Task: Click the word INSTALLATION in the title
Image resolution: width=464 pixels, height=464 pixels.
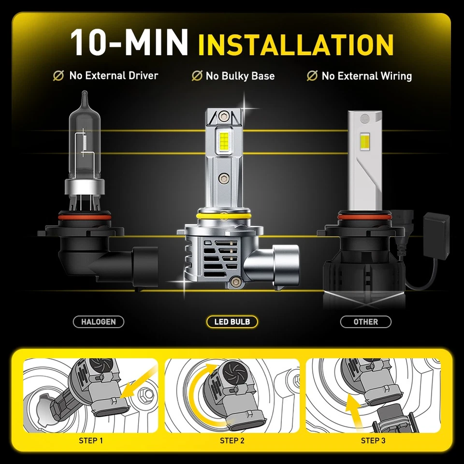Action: [x=296, y=44]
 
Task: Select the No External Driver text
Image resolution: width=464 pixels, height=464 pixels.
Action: [x=113, y=75]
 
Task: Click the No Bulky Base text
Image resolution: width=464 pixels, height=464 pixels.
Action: [x=240, y=76]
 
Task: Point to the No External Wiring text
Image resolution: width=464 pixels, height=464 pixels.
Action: [x=366, y=76]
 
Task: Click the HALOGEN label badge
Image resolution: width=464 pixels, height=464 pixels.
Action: [x=99, y=321]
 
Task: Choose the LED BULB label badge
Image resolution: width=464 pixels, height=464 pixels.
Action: [x=232, y=321]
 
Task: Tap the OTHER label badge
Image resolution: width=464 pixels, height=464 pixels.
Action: [x=366, y=321]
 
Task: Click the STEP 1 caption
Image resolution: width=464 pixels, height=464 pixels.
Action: [x=91, y=440]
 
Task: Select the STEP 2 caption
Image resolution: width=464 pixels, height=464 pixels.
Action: [x=232, y=440]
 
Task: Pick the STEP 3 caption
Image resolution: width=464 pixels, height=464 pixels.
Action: [x=373, y=440]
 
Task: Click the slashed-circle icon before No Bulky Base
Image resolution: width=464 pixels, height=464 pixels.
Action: [x=197, y=76]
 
